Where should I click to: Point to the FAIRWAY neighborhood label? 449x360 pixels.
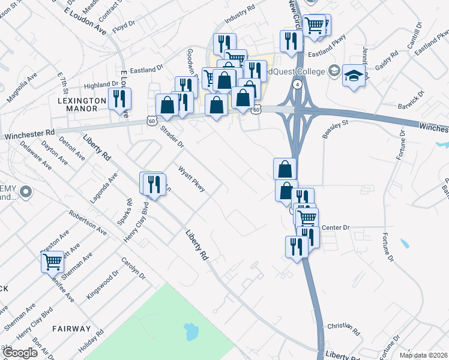71,329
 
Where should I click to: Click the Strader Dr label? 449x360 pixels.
171,136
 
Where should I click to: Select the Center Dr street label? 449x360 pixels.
336,228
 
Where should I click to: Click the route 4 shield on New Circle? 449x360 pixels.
297,85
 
